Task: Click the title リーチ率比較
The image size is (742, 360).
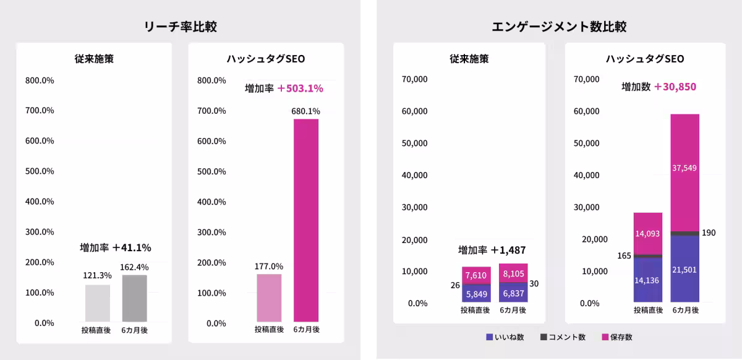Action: [x=180, y=27]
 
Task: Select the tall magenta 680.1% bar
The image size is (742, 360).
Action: [x=306, y=220]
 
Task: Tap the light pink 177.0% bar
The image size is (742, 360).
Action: [x=269, y=297]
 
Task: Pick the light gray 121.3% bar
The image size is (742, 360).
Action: [x=98, y=303]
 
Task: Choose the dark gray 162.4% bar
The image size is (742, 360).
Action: [x=134, y=298]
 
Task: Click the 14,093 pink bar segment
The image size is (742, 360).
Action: [x=648, y=233]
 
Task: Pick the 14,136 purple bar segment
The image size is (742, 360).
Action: [x=648, y=280]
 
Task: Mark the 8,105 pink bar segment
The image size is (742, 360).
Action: [x=513, y=273]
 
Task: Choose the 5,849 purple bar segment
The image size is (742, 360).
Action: [x=476, y=293]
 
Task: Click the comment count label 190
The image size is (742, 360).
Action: [x=709, y=233]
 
